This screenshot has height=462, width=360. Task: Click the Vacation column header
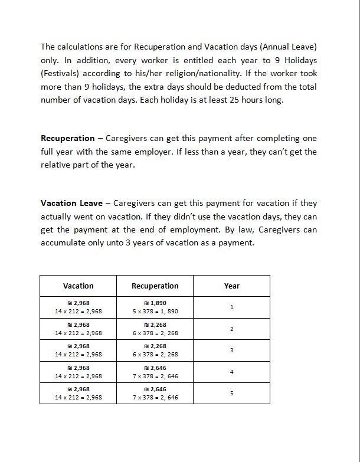(x=78, y=286)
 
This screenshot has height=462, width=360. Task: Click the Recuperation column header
(x=155, y=286)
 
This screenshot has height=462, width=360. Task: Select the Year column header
(x=232, y=286)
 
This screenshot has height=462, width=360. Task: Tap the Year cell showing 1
(x=232, y=307)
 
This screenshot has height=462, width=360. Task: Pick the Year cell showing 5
(x=232, y=393)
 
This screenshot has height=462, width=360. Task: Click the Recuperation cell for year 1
(x=155, y=307)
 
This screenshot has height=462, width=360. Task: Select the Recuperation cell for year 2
(x=155, y=329)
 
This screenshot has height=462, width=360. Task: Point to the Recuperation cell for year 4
(x=155, y=372)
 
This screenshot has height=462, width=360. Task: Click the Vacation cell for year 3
(x=78, y=350)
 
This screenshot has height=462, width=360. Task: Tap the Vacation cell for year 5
(x=78, y=393)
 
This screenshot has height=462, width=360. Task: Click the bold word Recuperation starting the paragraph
(x=67, y=138)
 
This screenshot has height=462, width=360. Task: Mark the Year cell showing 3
(x=232, y=350)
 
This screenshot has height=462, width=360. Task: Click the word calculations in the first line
(x=81, y=46)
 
